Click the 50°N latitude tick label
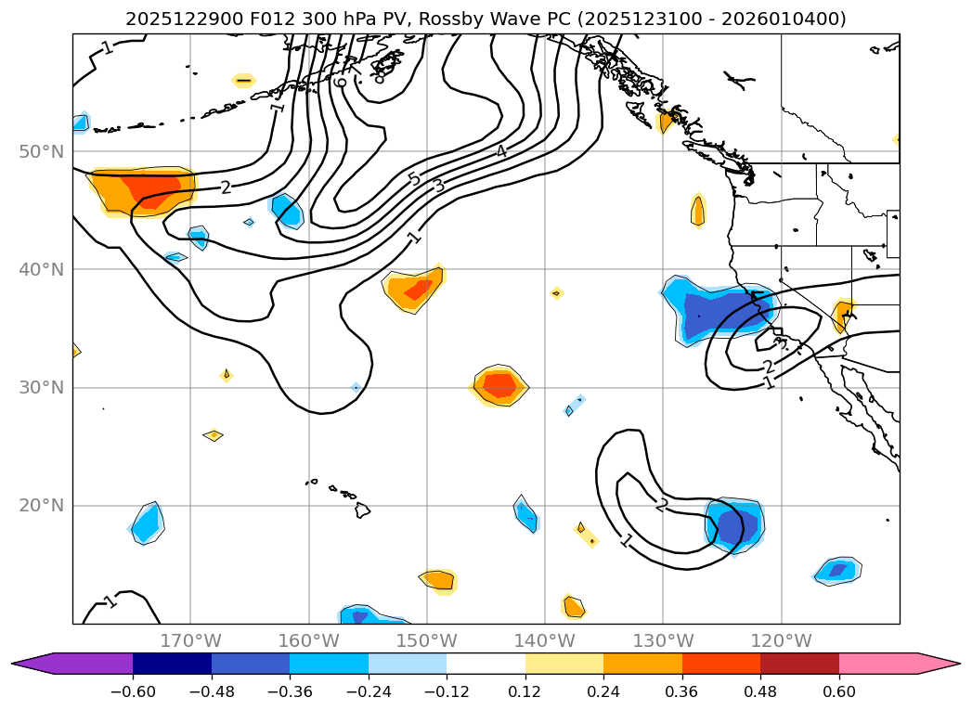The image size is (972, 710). tap(41, 151)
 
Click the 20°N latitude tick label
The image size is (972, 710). tap(41, 506)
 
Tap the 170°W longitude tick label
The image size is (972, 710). tap(190, 640)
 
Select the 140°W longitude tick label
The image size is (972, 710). tap(544, 640)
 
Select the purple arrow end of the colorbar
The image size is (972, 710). tap(32, 664)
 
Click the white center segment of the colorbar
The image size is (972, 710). tap(486, 664)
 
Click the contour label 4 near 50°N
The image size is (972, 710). tap(500, 151)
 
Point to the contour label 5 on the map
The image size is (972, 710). tap(414, 178)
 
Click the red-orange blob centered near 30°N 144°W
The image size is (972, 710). tap(499, 384)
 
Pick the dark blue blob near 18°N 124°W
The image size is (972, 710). tap(733, 525)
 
